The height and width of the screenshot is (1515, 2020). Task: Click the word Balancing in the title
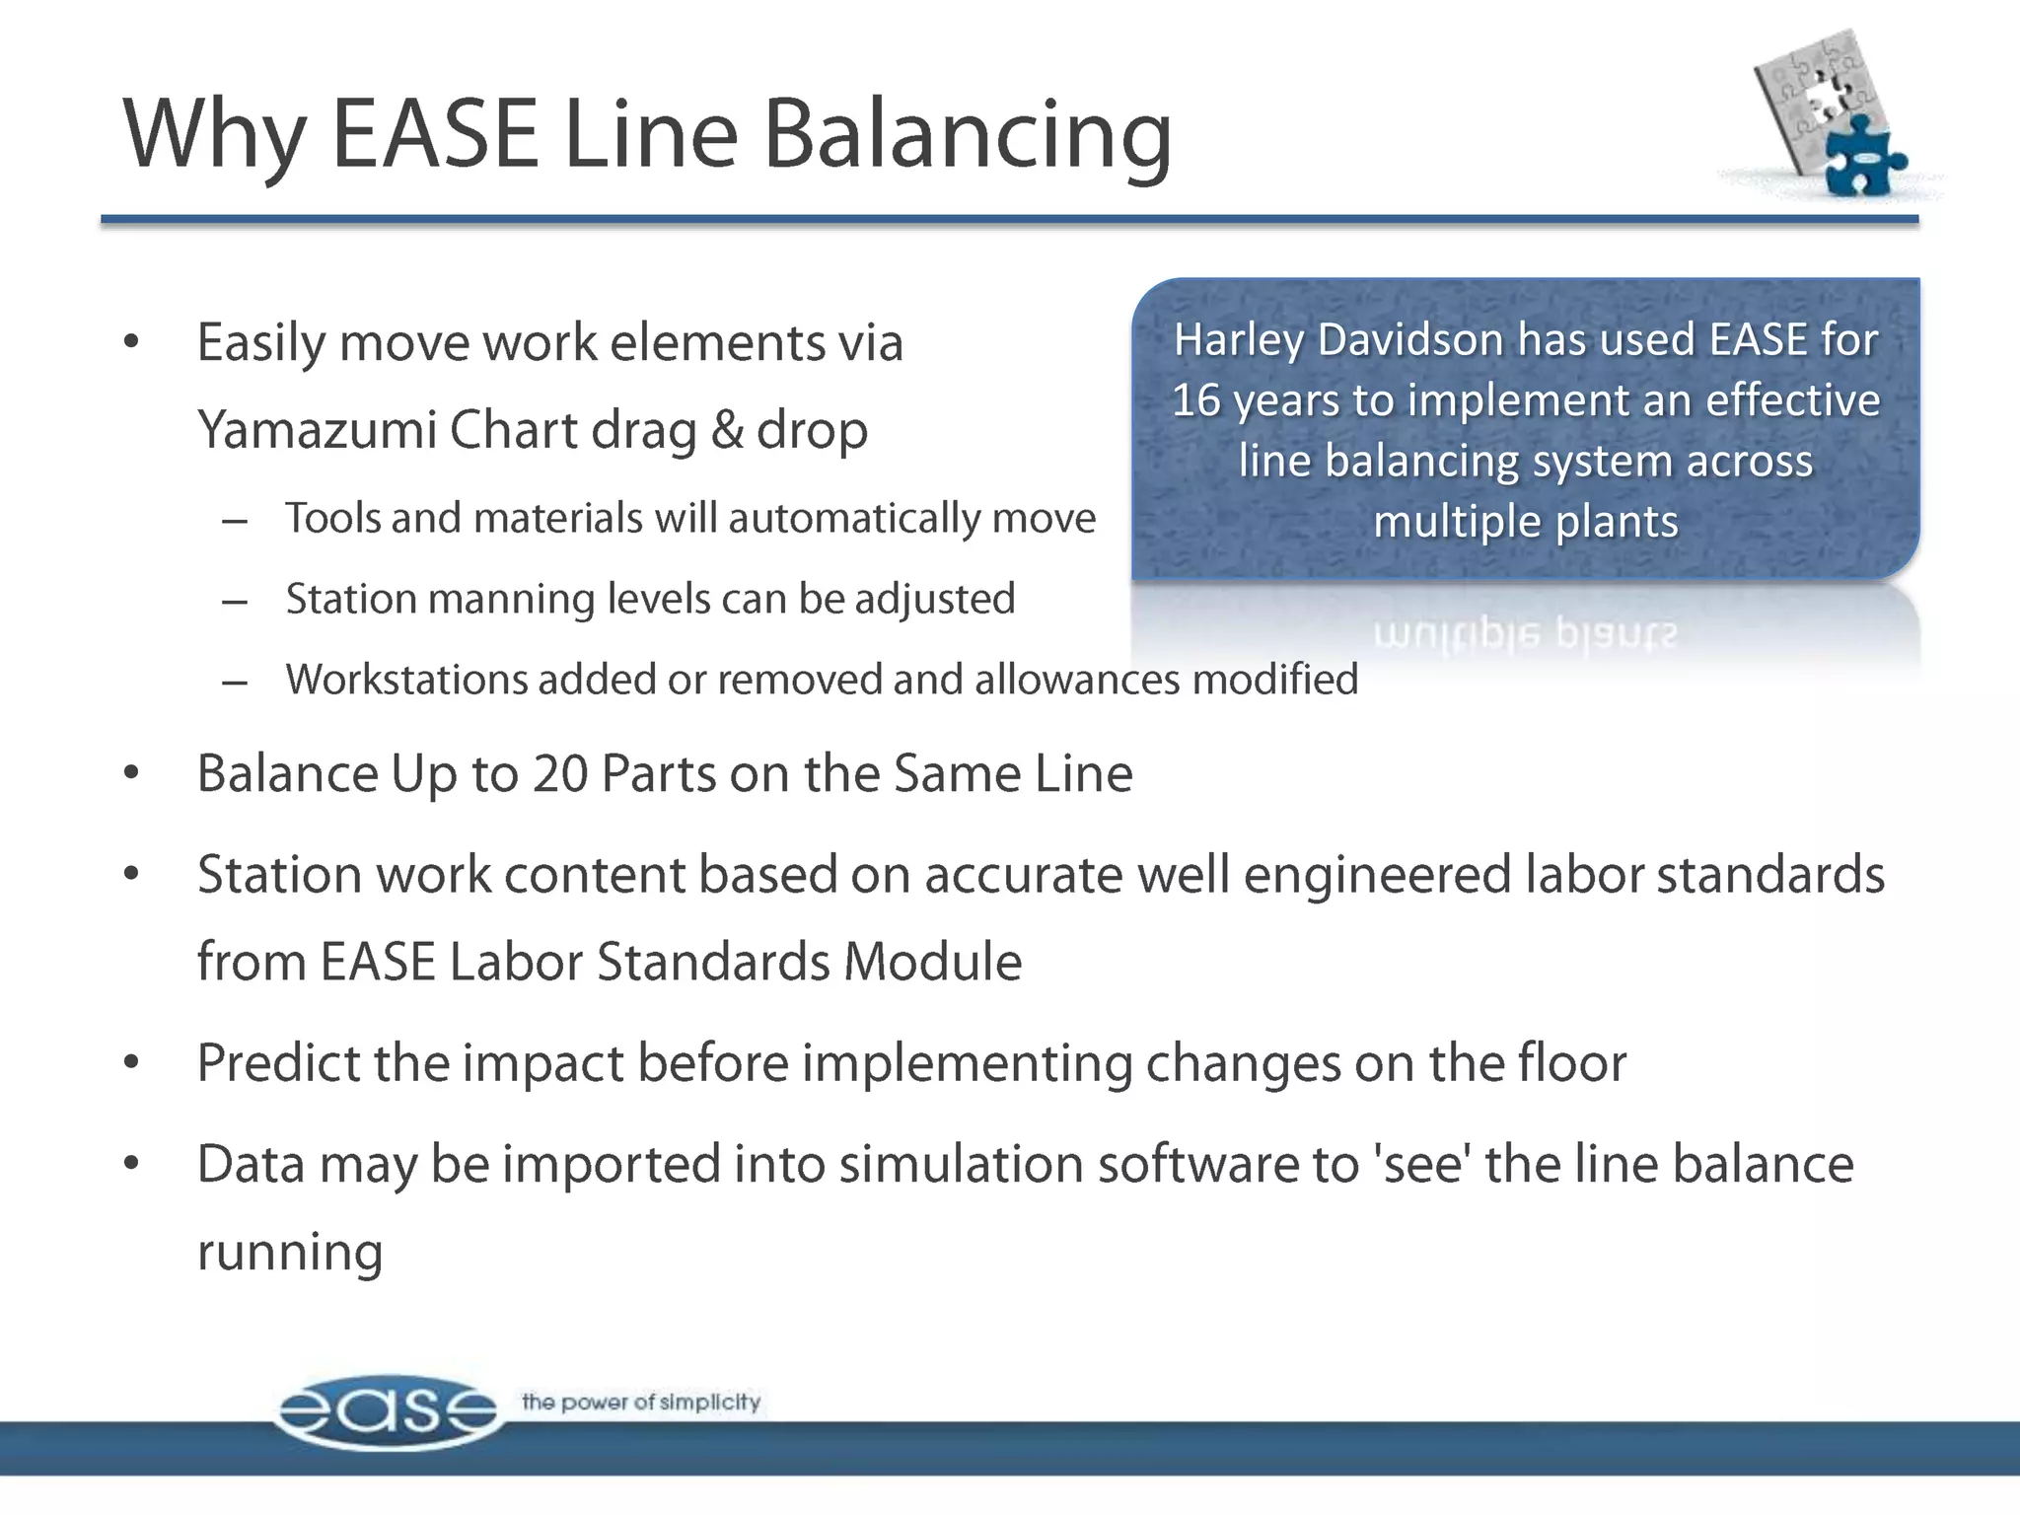(x=968, y=136)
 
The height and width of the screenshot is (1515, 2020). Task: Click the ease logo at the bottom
(x=387, y=1410)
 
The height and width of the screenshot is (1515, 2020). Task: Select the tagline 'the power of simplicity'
(x=641, y=1402)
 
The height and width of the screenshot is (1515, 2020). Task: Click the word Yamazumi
(x=316, y=431)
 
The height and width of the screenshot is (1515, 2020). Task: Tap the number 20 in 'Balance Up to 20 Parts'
(x=560, y=773)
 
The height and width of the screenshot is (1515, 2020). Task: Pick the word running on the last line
(x=289, y=1253)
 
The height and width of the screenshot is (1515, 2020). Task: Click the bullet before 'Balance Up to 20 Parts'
(x=131, y=774)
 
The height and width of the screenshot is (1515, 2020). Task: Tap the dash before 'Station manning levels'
(x=234, y=601)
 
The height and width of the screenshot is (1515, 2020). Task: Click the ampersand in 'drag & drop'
(x=727, y=431)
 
